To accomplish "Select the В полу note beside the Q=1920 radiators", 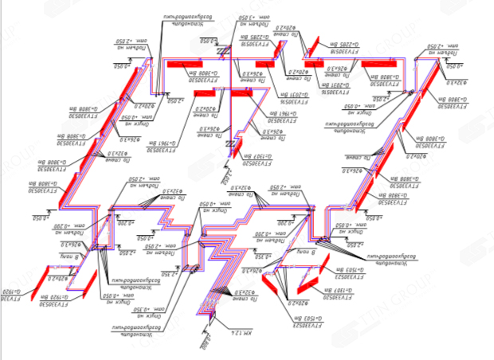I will (64, 257).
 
